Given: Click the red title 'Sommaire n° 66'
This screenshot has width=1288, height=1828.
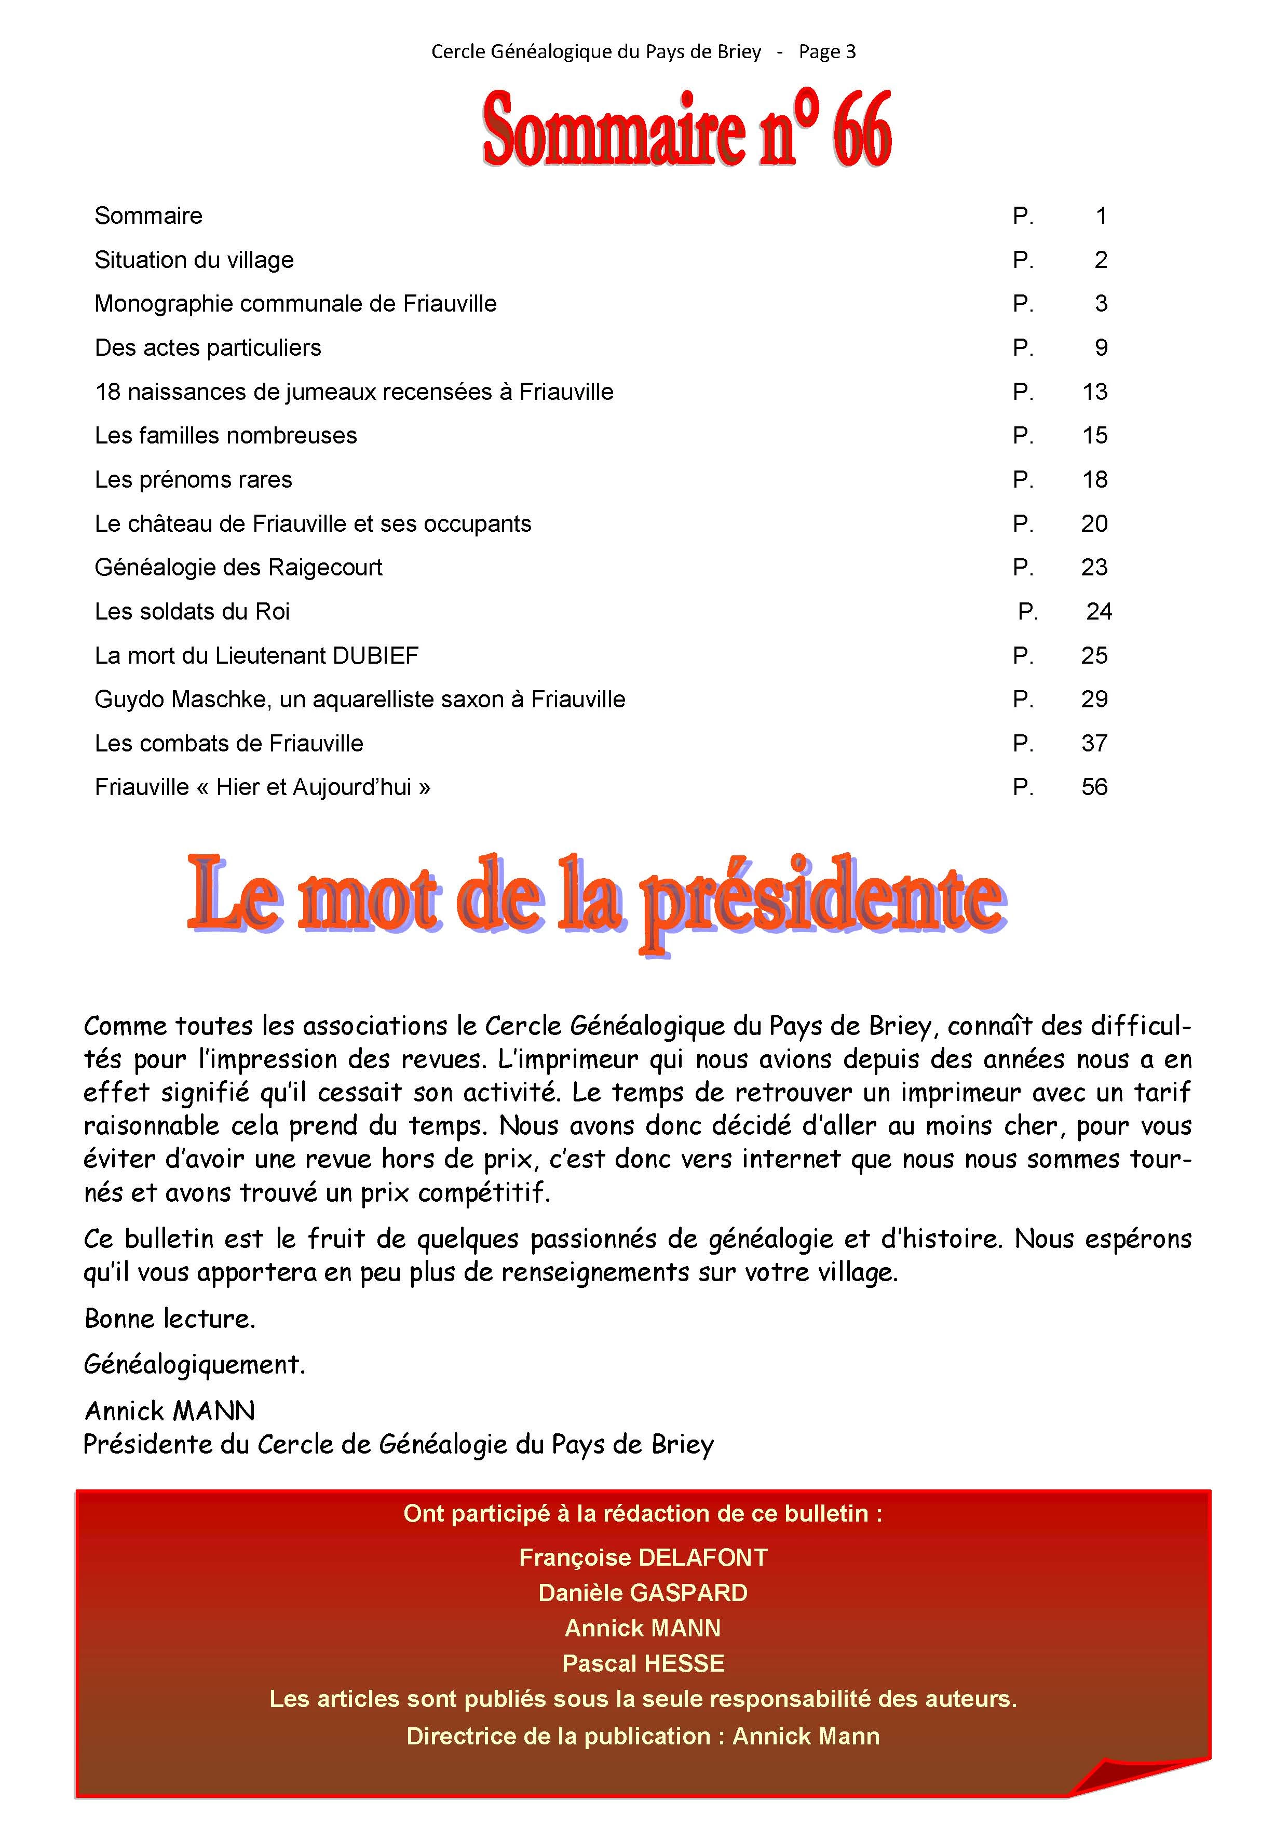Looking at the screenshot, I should coord(686,130).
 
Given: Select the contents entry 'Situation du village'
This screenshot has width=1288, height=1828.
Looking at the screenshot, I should coord(194,260).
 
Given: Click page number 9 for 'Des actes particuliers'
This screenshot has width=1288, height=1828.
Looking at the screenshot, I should coord(1101,348).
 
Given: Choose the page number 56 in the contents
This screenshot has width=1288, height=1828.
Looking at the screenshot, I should coord(1094,787).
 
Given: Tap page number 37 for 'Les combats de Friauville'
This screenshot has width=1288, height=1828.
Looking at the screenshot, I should coord(1094,744).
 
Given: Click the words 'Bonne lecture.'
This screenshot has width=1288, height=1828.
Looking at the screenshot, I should coord(170,1319).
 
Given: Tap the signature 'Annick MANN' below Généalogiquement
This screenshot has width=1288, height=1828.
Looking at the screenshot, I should coord(170,1412).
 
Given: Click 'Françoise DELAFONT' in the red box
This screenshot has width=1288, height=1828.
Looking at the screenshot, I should coord(643,1557).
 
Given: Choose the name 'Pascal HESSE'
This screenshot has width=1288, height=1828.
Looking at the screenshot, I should coord(643,1663).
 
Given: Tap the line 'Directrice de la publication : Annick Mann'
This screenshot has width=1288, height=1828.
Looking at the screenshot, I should coord(643,1737).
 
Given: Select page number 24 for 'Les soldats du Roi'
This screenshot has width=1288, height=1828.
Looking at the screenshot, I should coord(1099,611).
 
